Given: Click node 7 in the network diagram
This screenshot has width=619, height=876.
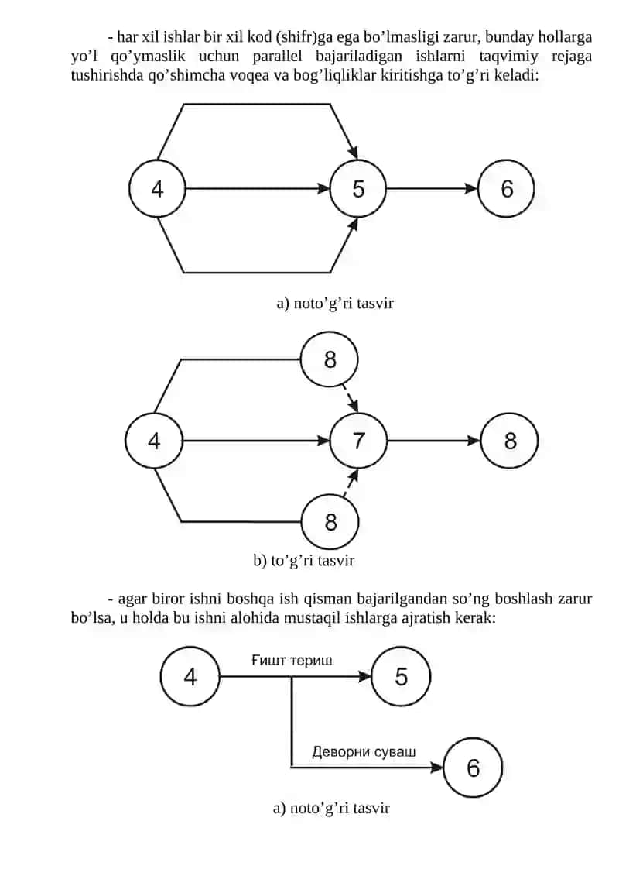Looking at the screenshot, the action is [358, 441].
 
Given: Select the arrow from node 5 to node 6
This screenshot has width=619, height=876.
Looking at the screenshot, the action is [432, 189].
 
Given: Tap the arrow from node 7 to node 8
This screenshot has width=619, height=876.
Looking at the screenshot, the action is [433, 441].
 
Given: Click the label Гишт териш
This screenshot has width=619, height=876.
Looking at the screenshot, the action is [292, 661].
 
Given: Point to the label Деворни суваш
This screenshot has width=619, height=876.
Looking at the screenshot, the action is [364, 751].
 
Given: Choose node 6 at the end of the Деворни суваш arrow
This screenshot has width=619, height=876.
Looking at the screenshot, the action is [474, 768].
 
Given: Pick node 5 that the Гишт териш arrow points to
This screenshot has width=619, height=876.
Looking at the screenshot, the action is [401, 676].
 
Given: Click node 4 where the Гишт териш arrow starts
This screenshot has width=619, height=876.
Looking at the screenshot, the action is [190, 676].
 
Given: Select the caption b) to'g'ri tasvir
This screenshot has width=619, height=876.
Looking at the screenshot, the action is [303, 560].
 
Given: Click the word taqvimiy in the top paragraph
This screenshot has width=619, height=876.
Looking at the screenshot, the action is [508, 57].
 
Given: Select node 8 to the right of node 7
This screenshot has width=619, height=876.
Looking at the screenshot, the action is [510, 441].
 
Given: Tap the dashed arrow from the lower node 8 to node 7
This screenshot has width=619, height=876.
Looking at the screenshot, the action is [350, 483].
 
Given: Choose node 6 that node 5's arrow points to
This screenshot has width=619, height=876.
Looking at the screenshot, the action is [506, 189].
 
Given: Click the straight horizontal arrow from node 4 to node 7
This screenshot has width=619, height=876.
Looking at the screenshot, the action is [256, 441].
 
